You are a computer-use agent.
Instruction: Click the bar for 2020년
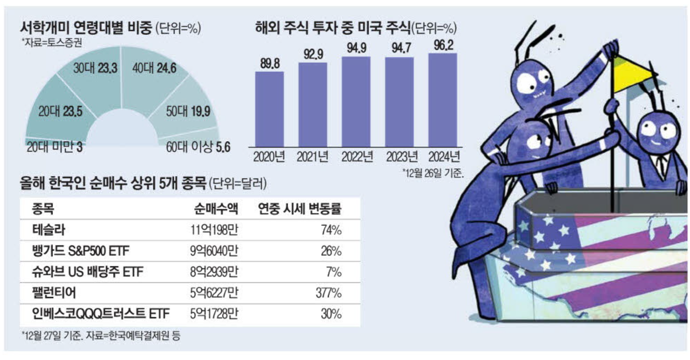click(x=269, y=109)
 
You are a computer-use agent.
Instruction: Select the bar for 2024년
click(x=443, y=100)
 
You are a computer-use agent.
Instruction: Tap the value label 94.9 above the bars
click(x=357, y=48)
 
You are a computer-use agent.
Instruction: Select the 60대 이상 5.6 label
click(x=198, y=147)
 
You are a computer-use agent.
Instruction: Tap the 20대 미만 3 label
click(x=54, y=147)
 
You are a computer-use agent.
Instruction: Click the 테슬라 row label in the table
click(x=49, y=230)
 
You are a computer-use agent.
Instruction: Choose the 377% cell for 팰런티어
click(x=329, y=293)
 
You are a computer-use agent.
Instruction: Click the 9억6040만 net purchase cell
click(x=214, y=251)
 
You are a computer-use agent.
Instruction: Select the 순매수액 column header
click(x=216, y=209)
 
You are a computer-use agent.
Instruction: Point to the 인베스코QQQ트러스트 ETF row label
click(x=101, y=314)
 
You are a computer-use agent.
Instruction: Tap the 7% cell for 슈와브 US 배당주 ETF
click(x=334, y=272)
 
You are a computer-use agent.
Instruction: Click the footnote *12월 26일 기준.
click(x=433, y=173)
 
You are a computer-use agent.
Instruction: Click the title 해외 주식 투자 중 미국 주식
click(x=333, y=28)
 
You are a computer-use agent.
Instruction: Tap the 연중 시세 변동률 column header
click(x=300, y=209)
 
